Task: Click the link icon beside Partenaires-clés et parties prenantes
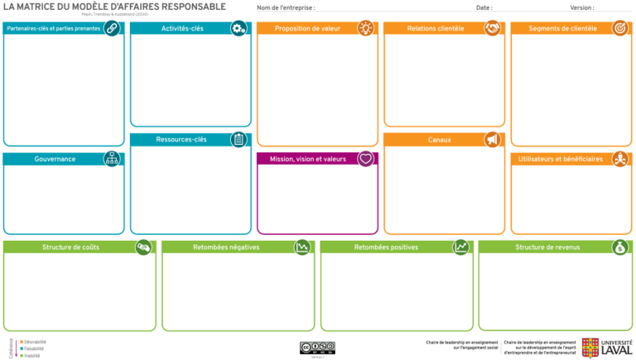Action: click(112, 28)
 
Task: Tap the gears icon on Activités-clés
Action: click(238, 28)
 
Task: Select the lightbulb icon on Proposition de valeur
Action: click(366, 28)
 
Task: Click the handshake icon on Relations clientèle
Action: click(493, 28)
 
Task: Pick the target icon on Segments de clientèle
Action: click(619, 28)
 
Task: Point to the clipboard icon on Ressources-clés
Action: click(238, 139)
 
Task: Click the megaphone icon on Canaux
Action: click(493, 140)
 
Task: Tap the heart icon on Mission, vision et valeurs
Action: click(366, 159)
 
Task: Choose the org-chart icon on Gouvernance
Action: click(112, 159)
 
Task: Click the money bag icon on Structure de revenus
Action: click(619, 247)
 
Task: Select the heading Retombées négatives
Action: click(226, 247)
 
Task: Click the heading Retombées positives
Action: click(386, 247)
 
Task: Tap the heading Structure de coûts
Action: click(70, 247)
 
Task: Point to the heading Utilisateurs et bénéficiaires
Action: click(561, 159)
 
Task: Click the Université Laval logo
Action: click(606, 348)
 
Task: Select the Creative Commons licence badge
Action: click(317, 347)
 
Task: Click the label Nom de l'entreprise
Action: click(286, 7)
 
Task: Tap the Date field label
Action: click(484, 7)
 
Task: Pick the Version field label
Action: click(581, 7)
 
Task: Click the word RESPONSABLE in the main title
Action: click(188, 7)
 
